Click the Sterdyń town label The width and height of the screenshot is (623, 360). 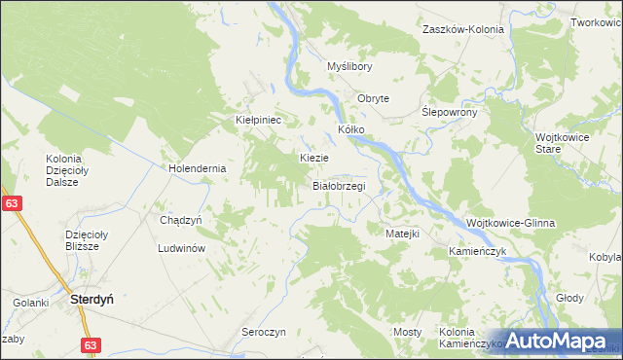(92, 301)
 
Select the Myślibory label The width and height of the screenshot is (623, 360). (349, 66)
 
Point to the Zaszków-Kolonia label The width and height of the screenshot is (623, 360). (462, 29)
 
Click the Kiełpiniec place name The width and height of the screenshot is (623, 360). (259, 120)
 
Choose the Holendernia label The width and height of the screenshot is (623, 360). (198, 167)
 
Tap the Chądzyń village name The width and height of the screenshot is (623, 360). (180, 220)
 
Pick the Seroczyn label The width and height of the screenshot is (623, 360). (263, 332)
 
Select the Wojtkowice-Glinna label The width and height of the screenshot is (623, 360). (511, 223)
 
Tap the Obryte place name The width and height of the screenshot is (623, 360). (373, 98)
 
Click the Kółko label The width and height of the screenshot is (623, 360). (350, 128)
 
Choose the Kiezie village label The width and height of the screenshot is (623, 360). (313, 157)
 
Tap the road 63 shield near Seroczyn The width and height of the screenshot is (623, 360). (91, 344)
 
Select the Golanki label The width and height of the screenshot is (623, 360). (31, 303)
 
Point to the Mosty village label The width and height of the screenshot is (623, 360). (408, 332)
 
